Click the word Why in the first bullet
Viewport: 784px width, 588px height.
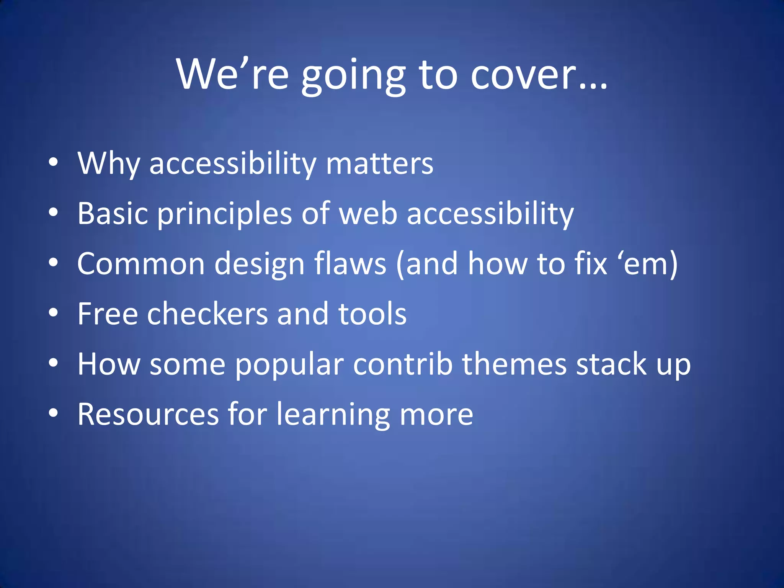coord(109,164)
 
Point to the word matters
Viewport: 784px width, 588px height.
coord(379,164)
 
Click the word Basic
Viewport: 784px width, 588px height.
coord(113,214)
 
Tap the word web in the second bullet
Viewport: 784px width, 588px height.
coord(368,214)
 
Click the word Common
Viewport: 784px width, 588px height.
coord(141,264)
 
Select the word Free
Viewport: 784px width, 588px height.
coord(108,314)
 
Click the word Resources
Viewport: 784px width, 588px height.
coord(148,414)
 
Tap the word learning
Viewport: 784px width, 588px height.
coord(333,415)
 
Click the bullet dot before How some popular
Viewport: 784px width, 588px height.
coord(53,363)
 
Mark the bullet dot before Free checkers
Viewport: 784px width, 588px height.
coord(53,312)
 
